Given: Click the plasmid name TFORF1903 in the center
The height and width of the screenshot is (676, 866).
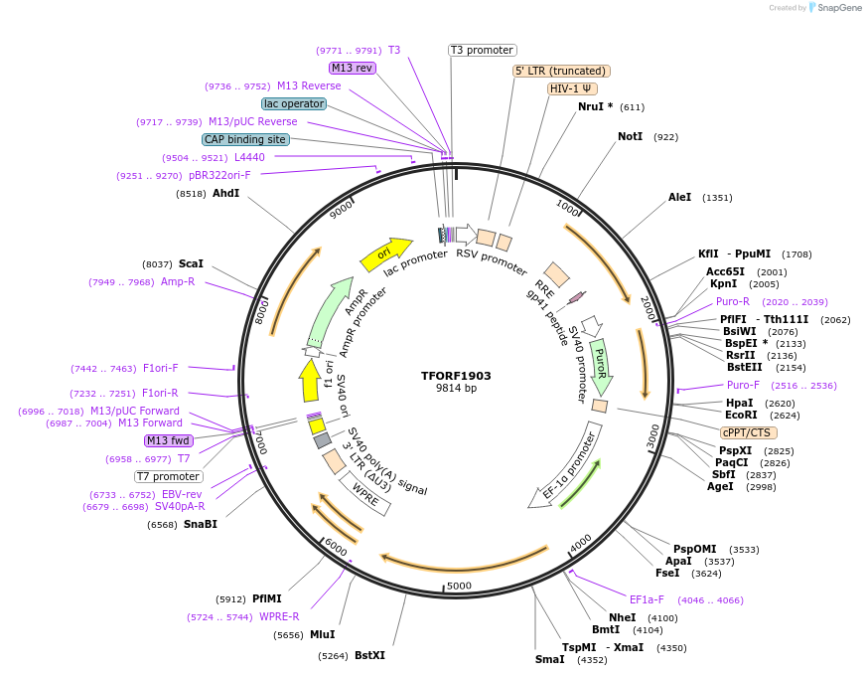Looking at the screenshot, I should (x=456, y=376).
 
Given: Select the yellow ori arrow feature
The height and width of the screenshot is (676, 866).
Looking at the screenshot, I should (x=385, y=255).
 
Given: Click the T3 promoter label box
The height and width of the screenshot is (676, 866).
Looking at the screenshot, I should (x=483, y=50).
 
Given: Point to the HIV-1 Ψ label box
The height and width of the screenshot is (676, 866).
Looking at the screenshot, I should (x=572, y=88).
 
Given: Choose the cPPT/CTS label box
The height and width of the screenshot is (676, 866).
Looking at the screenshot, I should (x=749, y=432).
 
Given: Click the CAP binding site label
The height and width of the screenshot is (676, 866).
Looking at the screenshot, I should (x=245, y=140).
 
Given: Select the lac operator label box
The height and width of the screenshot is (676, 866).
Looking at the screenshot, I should (x=294, y=103).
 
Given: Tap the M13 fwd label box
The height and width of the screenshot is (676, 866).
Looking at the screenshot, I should (x=168, y=440).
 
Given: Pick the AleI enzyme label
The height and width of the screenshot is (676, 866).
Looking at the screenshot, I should (x=680, y=197).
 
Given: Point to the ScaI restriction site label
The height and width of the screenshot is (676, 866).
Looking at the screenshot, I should (x=191, y=263).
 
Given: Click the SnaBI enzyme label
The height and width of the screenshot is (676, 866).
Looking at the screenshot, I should (x=200, y=524).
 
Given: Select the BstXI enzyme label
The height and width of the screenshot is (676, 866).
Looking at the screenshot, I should (x=369, y=655).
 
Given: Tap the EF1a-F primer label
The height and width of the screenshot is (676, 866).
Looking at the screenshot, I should (x=647, y=599).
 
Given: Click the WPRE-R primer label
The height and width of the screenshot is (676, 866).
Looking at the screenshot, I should (x=279, y=616).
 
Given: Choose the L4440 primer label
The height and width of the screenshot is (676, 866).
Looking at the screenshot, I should (x=249, y=157).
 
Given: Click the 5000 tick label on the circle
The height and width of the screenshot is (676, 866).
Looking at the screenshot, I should (x=458, y=586).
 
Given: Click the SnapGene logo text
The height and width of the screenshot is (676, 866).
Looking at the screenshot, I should (x=837, y=8).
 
